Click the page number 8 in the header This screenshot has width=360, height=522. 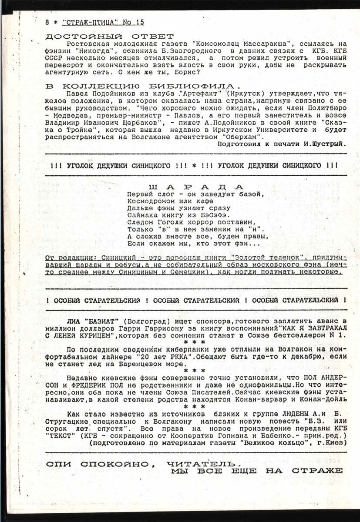(x=47, y=22)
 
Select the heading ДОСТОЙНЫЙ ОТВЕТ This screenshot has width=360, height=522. (x=109, y=36)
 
